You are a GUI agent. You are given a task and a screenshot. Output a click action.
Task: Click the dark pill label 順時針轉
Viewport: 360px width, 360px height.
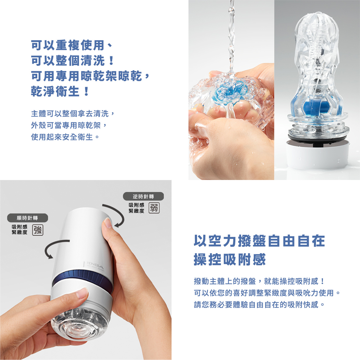tap(28, 218)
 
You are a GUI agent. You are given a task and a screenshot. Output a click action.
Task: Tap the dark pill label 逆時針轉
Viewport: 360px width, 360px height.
tap(143, 196)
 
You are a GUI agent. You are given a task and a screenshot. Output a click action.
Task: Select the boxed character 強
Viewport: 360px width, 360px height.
tap(38, 230)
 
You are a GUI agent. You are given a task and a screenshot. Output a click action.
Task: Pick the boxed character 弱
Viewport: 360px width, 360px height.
tap(154, 208)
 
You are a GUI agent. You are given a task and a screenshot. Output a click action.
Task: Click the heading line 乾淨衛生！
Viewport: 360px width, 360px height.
tap(60, 91)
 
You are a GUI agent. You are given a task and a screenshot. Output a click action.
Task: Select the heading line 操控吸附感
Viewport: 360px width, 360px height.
tap(230, 260)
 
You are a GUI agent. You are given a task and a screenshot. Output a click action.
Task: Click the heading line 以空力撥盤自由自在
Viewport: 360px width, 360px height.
tap(260, 240)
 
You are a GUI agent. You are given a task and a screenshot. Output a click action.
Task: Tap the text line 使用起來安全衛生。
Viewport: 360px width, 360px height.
tap(65, 137)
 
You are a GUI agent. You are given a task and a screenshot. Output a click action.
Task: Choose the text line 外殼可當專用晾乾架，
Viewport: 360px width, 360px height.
tap(69, 125)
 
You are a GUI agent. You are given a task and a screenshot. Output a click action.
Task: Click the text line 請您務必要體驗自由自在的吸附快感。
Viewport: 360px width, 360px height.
tap(260, 305)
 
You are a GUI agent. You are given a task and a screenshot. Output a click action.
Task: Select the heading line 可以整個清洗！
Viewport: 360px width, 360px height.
tap(73, 60)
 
